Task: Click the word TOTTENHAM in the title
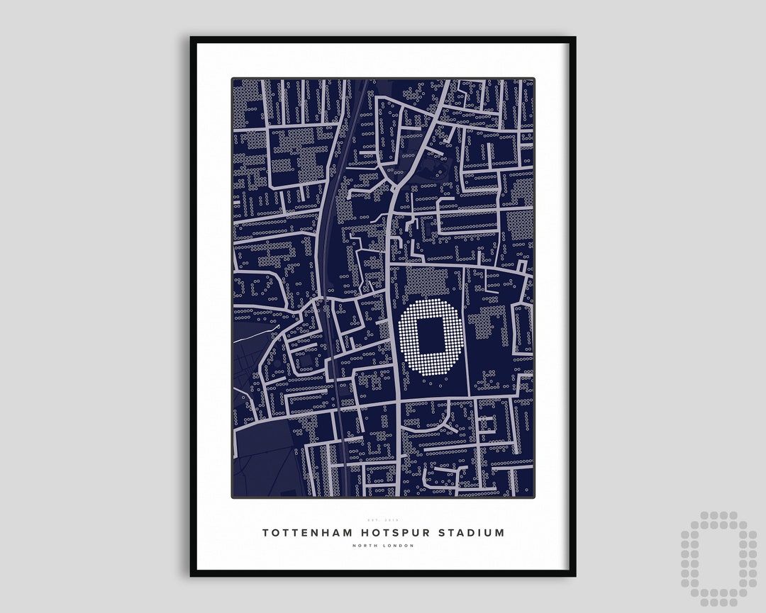tap(301, 532)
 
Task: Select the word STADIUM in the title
tap(470, 532)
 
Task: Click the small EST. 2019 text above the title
tap(383, 520)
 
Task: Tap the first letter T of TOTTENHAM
tap(266, 532)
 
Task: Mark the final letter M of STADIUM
tap(500, 532)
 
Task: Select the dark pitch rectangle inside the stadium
tap(431, 337)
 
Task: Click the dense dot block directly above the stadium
tap(427, 281)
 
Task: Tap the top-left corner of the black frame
tap(192, 38)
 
